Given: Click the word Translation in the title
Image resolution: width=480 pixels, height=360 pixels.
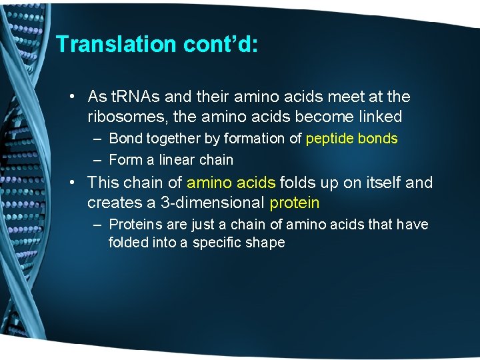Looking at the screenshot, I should (107, 44).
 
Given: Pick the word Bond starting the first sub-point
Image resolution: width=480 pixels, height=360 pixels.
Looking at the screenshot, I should (125, 139).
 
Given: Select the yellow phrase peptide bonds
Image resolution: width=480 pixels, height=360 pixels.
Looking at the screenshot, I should (351, 139).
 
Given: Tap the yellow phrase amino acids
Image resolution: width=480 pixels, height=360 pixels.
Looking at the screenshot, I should (231, 182).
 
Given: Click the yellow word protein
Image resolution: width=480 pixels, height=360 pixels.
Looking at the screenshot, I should (294, 203).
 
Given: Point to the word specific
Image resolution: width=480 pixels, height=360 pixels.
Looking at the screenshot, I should (219, 243).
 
